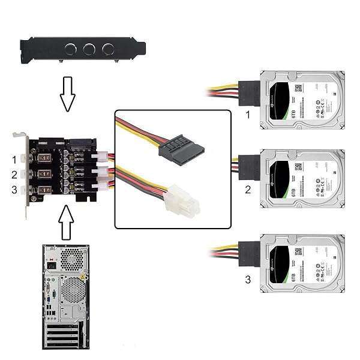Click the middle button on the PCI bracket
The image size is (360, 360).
coord(89,49)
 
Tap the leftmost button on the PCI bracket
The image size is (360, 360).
coord(71,49)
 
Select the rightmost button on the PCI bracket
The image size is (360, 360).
coord(108,49)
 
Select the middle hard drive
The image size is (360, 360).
coord(302,178)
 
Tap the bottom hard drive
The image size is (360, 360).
coord(302,263)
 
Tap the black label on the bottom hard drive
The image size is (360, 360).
coord(282,264)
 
